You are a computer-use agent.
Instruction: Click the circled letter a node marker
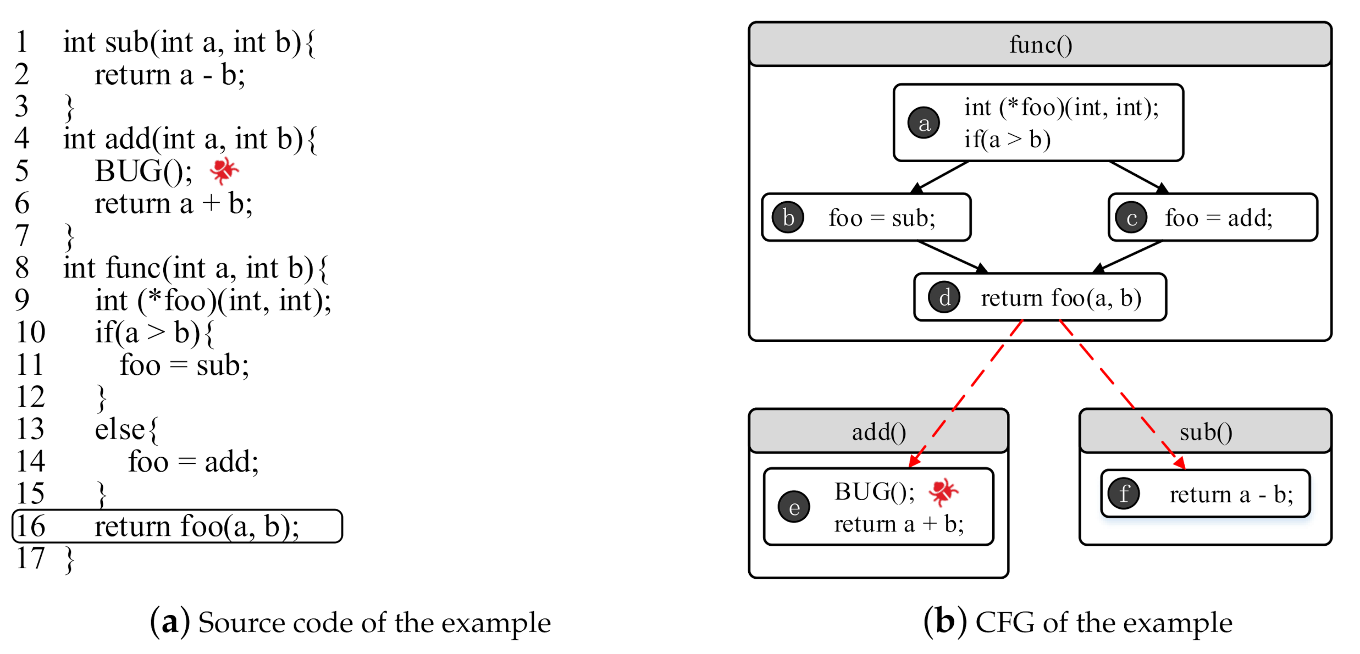[x=924, y=123]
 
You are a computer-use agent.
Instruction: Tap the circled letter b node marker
[x=788, y=218]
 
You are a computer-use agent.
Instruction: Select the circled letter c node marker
[x=1131, y=218]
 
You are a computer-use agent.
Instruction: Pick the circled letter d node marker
[x=944, y=297]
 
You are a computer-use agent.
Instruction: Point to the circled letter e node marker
[x=794, y=507]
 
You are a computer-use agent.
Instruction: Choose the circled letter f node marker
[x=1124, y=494]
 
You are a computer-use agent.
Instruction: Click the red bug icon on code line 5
[x=224, y=170]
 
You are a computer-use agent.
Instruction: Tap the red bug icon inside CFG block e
[x=943, y=491]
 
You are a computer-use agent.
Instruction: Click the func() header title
[x=1040, y=45]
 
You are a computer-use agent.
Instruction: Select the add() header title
[x=878, y=432]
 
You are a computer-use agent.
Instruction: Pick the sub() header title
[x=1206, y=432]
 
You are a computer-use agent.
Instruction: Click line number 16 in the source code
[x=31, y=526]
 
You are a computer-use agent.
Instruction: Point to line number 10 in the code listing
[x=31, y=332]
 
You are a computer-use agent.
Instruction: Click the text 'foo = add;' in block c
[x=1218, y=218]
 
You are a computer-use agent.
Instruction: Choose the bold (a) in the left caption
[x=170, y=622]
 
